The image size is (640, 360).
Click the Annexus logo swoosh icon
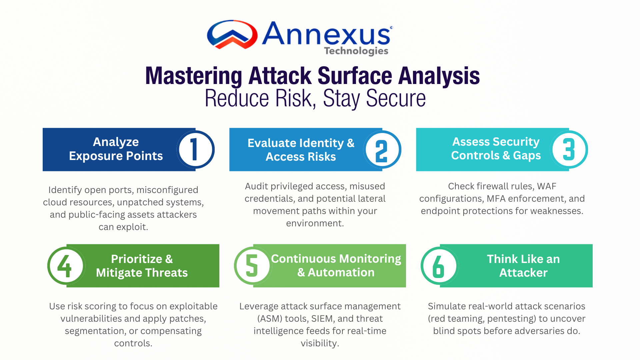click(x=232, y=34)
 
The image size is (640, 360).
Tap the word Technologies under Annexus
click(x=356, y=51)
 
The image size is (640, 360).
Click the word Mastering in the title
click(x=194, y=76)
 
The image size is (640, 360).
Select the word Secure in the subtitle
click(x=396, y=99)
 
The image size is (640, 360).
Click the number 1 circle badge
click(x=195, y=149)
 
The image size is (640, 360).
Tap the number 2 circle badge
click(x=382, y=149)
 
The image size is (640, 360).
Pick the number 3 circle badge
click(x=569, y=149)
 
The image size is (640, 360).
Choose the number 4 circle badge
click(x=66, y=266)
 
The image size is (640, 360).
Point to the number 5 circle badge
click(x=253, y=266)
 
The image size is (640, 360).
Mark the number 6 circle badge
click(x=440, y=266)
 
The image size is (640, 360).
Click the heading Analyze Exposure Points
click(x=116, y=149)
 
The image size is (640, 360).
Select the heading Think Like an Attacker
click(x=523, y=266)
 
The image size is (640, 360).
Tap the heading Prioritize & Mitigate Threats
click(x=142, y=266)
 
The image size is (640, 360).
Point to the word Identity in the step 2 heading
click(x=320, y=143)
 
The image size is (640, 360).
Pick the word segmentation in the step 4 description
click(x=95, y=331)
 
